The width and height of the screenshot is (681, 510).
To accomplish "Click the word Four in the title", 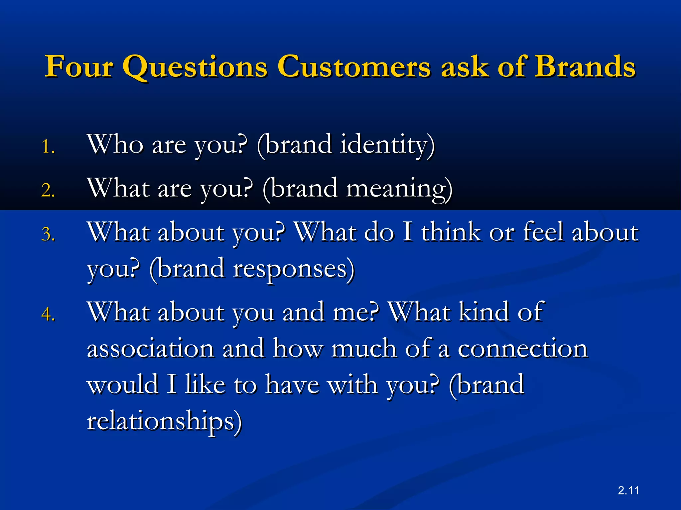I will tap(79, 66).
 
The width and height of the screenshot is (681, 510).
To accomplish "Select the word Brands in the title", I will tap(585, 66).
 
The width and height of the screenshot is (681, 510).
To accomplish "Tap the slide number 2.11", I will tap(628, 490).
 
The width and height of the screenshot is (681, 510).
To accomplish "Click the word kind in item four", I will tap(484, 312).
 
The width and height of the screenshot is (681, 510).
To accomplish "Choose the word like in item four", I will tap(205, 384).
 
